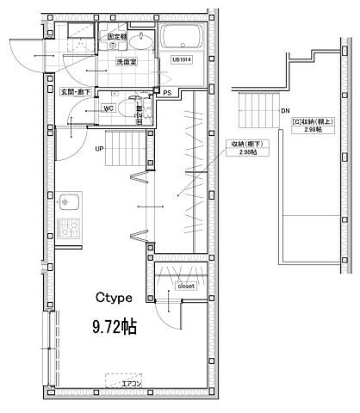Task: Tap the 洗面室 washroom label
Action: click(x=117, y=63)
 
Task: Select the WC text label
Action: click(x=109, y=108)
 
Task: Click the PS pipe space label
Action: click(x=168, y=92)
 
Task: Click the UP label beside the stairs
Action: click(x=100, y=148)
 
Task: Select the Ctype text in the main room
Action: click(x=113, y=298)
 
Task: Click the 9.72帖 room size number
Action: click(x=115, y=327)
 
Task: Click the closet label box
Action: click(x=187, y=287)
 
